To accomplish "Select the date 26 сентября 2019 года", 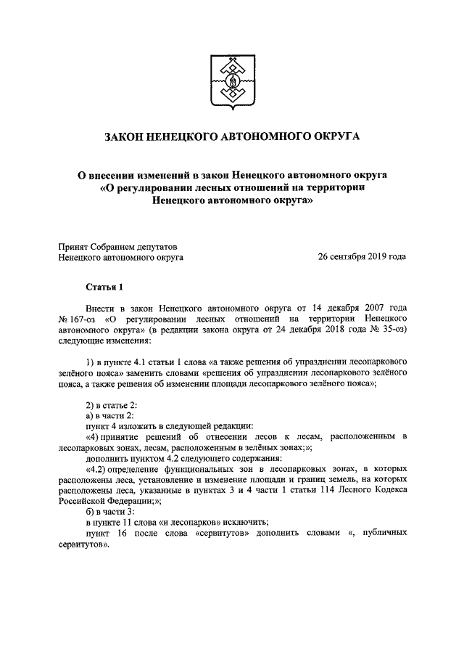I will click(x=362, y=256).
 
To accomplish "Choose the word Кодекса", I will click(x=388, y=490).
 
